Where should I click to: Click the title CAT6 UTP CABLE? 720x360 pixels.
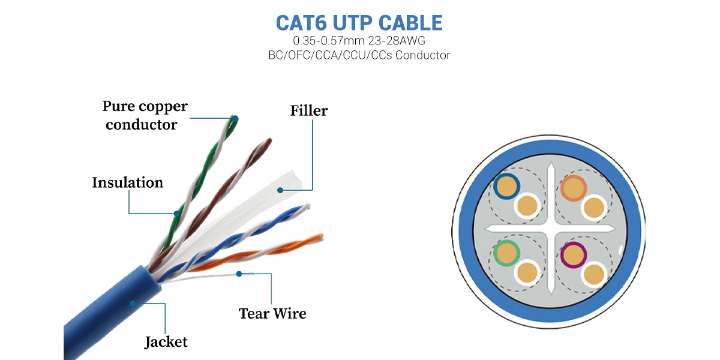click(x=359, y=23)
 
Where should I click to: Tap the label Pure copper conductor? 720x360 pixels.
click(x=144, y=116)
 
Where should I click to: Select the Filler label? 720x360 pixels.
click(x=308, y=111)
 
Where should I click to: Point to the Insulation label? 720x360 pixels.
click(x=127, y=182)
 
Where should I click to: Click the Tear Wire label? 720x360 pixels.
click(x=272, y=313)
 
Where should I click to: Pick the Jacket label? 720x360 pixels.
click(x=166, y=342)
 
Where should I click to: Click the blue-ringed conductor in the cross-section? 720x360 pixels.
click(x=506, y=187)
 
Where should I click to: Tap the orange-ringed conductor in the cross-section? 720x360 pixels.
click(x=574, y=188)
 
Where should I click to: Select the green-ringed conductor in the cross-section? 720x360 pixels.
click(x=506, y=253)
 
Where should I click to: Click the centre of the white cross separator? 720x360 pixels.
click(x=549, y=229)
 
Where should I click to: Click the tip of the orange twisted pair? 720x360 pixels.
click(x=320, y=237)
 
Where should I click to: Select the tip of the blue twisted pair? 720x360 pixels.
click(x=307, y=208)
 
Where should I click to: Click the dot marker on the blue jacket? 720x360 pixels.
click(x=132, y=304)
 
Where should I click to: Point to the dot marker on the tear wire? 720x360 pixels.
click(x=239, y=274)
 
